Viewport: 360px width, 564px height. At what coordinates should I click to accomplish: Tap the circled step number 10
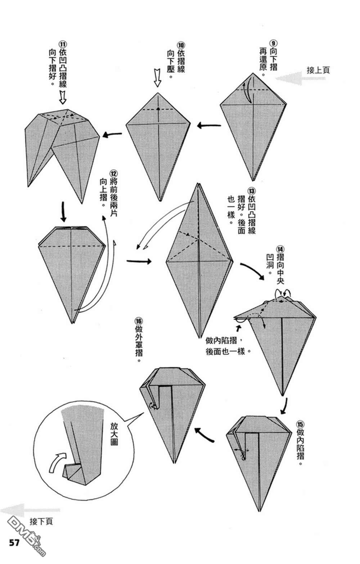click(181, 45)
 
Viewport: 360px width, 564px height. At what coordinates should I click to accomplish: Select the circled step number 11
click(63, 44)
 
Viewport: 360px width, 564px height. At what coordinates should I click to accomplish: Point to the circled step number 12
click(113, 173)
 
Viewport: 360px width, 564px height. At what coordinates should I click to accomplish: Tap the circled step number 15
click(300, 424)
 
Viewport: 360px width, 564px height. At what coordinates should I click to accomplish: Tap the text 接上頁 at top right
click(318, 70)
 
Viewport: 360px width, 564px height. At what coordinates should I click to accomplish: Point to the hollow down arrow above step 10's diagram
click(157, 78)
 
